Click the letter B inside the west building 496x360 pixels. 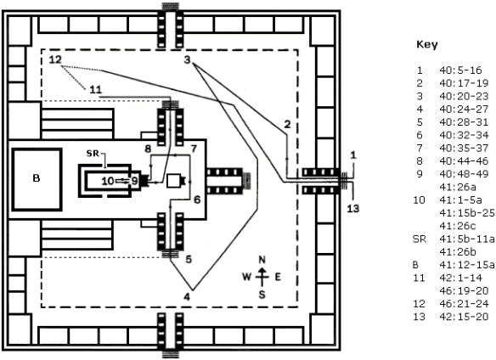point(36,178)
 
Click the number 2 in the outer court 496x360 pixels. point(287,125)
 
